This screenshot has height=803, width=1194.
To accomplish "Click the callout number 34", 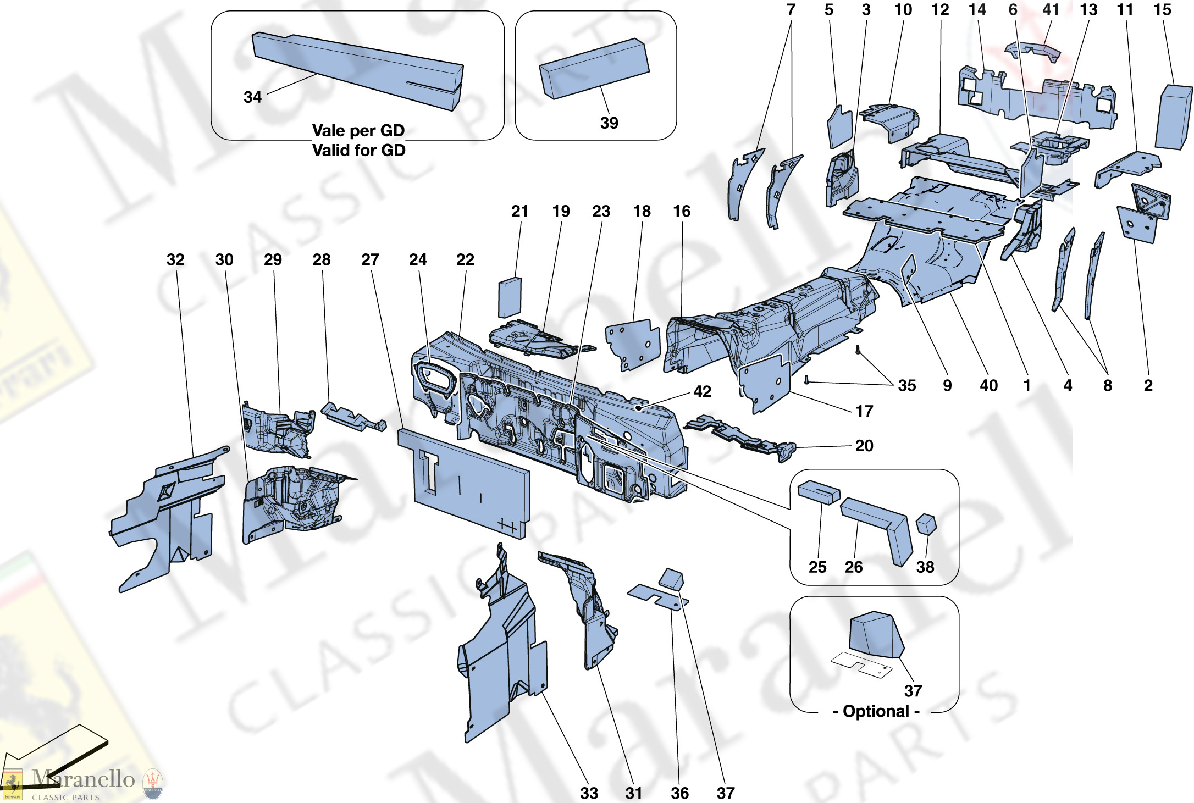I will [252, 97].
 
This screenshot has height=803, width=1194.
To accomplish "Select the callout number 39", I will [609, 123].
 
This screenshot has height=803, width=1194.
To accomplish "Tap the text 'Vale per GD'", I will [358, 131].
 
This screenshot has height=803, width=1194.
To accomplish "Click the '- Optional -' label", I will [876, 711].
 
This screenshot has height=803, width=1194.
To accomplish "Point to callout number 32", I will [175, 259].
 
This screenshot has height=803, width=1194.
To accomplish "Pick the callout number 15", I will [1162, 10].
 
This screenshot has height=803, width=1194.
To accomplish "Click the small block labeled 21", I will [510, 297].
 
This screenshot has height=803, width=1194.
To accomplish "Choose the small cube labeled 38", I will [926, 524].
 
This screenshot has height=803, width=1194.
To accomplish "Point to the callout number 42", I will [702, 391].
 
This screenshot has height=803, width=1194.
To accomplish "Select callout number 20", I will [864, 445].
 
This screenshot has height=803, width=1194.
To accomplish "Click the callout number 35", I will [906, 385].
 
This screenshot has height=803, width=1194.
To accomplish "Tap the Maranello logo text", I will [82, 779].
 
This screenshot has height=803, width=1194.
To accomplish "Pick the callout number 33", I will [589, 793].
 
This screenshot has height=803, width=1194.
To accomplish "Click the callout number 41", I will [1051, 10].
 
